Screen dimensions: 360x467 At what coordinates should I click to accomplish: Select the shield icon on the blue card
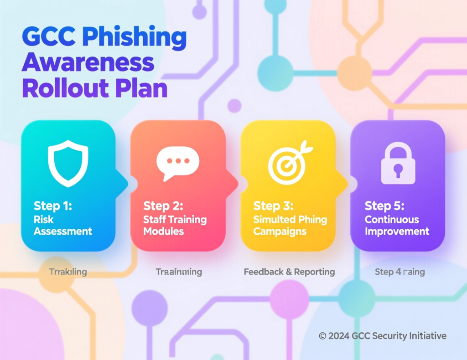coord(68,163)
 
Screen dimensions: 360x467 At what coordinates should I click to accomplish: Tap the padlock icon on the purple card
coord(398,163)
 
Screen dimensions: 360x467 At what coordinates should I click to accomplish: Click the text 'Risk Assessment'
coord(63,225)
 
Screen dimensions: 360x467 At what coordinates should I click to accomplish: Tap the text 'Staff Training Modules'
coord(175,225)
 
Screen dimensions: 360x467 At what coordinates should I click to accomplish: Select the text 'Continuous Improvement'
coord(397,225)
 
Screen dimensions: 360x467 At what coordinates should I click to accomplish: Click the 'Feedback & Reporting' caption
coord(289,272)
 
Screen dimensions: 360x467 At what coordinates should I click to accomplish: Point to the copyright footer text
coord(383,336)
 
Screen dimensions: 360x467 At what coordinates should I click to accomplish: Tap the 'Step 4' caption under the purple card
coord(400,272)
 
